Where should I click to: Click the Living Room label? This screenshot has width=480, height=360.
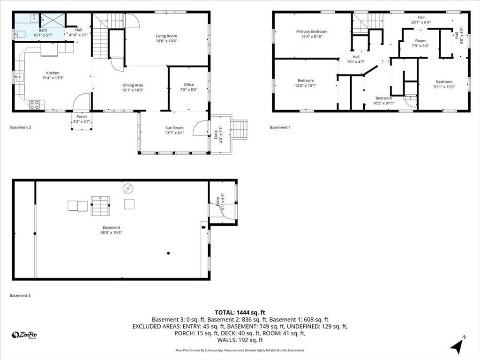166,36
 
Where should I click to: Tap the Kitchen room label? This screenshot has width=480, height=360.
52,73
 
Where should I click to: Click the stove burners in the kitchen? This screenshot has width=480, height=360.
34,105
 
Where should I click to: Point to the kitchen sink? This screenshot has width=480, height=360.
19,76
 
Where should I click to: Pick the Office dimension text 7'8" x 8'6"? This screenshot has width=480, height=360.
188,90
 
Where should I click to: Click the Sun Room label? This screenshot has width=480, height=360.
174,128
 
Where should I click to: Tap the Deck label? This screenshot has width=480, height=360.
216,135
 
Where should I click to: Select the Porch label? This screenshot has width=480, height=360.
82,117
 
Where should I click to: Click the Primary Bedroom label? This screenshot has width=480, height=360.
312,31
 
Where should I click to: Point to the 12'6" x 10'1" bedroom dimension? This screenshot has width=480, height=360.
306,85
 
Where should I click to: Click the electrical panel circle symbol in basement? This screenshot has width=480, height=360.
127,189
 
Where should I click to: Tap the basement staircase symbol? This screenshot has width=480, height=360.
100,206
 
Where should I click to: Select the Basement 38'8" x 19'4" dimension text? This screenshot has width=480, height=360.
111,232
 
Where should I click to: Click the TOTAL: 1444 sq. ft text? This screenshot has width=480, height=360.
240,313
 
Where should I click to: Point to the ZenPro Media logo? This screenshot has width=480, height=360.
24,335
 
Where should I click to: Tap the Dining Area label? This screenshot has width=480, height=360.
133,85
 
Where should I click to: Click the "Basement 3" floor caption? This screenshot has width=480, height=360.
20,295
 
